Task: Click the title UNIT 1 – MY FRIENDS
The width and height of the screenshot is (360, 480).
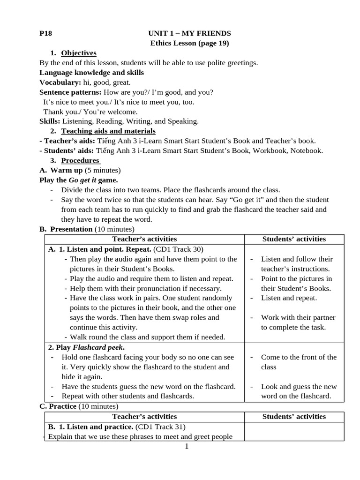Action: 189,33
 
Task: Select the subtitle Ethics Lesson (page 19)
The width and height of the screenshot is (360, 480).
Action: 189,43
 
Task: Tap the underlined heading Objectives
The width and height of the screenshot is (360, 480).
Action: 79,53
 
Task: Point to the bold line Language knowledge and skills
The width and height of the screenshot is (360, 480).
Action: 91,73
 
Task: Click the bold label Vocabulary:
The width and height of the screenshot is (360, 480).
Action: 60,82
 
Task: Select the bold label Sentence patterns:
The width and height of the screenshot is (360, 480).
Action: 70,92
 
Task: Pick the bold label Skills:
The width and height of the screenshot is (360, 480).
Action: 50,121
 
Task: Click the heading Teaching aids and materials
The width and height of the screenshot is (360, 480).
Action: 108,131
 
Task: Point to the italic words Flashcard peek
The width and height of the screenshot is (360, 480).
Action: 97,348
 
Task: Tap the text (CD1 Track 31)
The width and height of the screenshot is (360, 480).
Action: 161,427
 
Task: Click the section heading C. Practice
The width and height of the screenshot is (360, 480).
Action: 58,406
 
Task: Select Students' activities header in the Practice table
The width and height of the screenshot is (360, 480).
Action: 294,417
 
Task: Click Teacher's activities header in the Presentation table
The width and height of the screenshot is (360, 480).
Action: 144,240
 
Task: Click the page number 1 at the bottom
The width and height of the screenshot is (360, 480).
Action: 187,447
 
